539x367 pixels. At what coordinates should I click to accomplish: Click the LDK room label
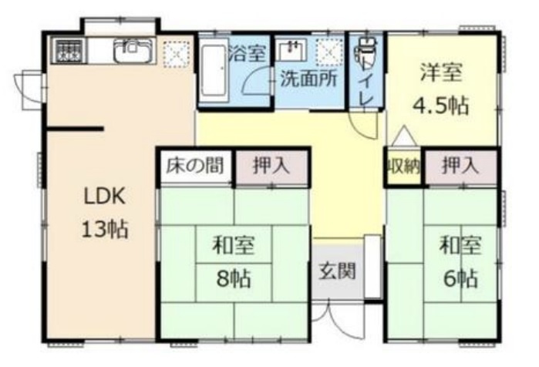pyautogui.click(x=105, y=196)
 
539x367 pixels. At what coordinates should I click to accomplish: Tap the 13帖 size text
pyautogui.click(x=105, y=229)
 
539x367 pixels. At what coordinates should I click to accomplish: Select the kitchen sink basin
pyautogui.click(x=133, y=51)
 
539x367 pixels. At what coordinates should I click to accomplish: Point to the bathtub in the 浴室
pyautogui.click(x=214, y=70)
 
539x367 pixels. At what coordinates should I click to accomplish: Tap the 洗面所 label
pyautogui.click(x=308, y=79)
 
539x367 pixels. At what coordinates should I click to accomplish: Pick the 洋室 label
pyautogui.click(x=441, y=72)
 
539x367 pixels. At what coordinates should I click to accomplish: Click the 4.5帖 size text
pyautogui.click(x=440, y=105)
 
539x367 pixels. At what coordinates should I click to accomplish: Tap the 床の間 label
pyautogui.click(x=195, y=166)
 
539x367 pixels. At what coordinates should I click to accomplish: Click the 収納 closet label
pyautogui.click(x=404, y=167)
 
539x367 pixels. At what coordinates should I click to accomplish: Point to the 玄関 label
pyautogui.click(x=337, y=271)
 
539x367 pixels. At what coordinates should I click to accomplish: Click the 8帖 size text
pyautogui.click(x=234, y=278)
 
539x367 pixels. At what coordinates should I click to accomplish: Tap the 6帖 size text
pyautogui.click(x=460, y=278)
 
